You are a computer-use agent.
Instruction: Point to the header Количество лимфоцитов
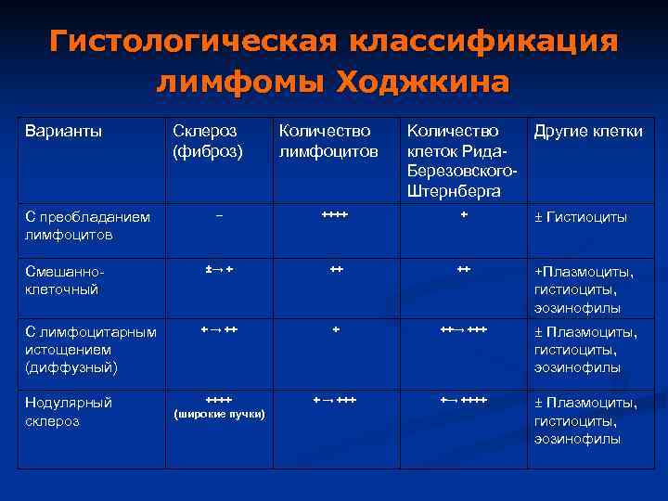[x=328, y=140]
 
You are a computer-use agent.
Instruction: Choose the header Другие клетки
[x=588, y=132]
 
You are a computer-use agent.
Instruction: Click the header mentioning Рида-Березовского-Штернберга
[x=460, y=161]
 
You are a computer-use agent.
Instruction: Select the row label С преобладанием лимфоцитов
[x=87, y=225]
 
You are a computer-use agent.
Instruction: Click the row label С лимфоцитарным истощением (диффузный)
[x=91, y=350]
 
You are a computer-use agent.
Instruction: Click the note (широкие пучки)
[x=220, y=413]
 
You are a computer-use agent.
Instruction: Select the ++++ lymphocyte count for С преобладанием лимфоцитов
[x=334, y=215]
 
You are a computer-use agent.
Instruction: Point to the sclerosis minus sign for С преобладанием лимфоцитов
[x=219, y=215]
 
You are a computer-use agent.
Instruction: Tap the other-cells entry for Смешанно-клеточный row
[x=584, y=289]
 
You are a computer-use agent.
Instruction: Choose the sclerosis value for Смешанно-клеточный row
[x=219, y=269]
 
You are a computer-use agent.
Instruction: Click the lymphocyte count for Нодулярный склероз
[x=334, y=399]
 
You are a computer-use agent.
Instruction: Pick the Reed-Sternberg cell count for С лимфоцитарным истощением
[x=463, y=329]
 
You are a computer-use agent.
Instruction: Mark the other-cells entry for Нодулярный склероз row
[x=584, y=420]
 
